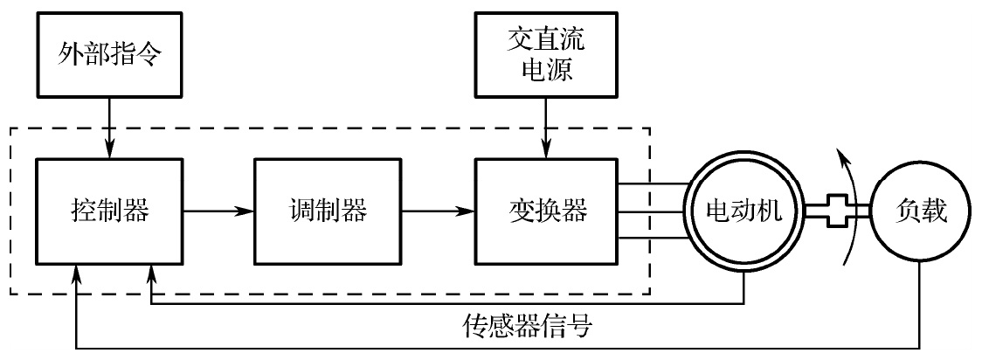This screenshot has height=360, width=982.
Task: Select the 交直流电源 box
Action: pos(545,54)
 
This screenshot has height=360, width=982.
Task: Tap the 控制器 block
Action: pos(109,210)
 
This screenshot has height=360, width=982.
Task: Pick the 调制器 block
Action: pos(328,210)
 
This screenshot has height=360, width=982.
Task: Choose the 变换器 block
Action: pos(546,210)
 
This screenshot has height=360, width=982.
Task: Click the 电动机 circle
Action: pos(743,211)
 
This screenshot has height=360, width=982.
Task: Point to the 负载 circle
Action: pos(921,211)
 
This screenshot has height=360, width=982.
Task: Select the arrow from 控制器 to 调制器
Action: pos(218,211)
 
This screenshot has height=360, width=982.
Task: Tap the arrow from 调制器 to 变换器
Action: pos(437,211)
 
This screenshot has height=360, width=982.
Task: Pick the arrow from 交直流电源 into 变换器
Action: pos(546,127)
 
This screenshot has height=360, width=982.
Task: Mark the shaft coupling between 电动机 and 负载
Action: pos(837,211)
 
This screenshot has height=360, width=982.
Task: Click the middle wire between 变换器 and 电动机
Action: pos(651,211)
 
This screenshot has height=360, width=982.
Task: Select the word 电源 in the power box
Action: pos(545,70)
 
